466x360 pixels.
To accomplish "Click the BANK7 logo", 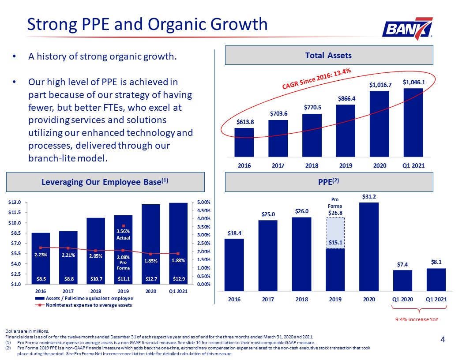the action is pyautogui.click(x=407, y=29).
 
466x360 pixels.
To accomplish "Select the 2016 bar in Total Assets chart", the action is pyautogui.click(x=244, y=142).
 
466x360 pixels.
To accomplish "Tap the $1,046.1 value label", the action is pyautogui.click(x=413, y=82).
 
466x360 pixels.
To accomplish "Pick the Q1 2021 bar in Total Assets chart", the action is pyautogui.click(x=413, y=122).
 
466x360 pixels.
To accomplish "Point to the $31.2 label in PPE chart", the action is pyautogui.click(x=369, y=197).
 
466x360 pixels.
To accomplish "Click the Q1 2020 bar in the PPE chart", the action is pyautogui.click(x=402, y=281).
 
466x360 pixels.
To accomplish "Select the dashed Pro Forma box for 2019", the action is pyautogui.click(x=335, y=233).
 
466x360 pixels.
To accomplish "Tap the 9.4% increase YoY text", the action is pyautogui.click(x=417, y=319).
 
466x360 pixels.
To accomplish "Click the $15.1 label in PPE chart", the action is pyautogui.click(x=335, y=242).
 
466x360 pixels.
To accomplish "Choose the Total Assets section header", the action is pyautogui.click(x=329, y=55).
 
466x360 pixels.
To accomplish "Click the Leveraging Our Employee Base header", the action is pyautogui.click(x=105, y=182).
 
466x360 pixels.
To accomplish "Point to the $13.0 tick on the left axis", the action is pyautogui.click(x=15, y=202).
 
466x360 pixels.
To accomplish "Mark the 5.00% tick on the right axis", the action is pyautogui.click(x=203, y=202).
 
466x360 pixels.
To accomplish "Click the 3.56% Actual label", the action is pyautogui.click(x=123, y=234).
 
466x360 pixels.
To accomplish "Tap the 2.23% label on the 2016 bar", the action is pyautogui.click(x=41, y=255).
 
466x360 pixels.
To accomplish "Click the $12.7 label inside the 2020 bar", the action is pyautogui.click(x=150, y=279).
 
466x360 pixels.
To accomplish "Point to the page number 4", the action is pyautogui.click(x=443, y=340).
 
